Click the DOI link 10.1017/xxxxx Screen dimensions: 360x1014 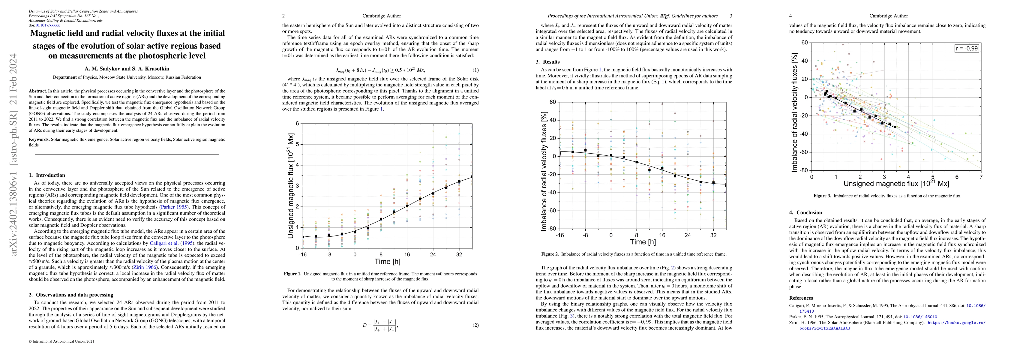click(48, 25)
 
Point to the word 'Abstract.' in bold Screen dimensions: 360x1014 click(38, 91)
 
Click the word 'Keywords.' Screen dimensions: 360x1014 click(39, 139)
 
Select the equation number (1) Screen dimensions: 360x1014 click(475, 70)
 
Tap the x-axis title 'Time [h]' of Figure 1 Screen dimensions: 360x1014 click(387, 261)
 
